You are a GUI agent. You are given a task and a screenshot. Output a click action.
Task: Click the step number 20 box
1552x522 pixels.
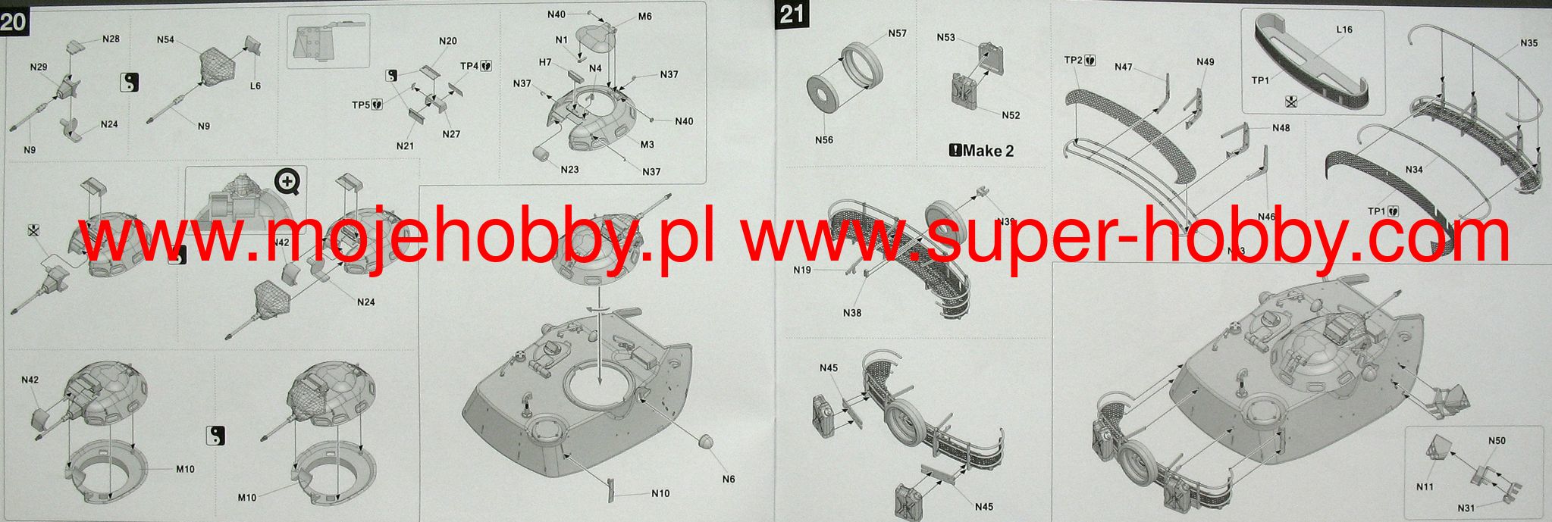tap(13, 20)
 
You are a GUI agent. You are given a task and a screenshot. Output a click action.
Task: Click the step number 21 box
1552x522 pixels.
tap(790, 14)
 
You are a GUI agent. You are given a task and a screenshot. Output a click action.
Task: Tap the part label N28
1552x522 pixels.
tap(111, 39)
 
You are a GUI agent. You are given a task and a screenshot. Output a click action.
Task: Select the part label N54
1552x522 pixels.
tap(166, 39)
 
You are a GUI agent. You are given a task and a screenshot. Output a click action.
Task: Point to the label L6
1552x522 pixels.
tap(255, 86)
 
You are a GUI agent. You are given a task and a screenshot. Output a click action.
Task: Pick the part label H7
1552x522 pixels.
tap(545, 62)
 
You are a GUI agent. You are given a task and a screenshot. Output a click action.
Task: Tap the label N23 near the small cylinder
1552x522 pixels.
tap(569, 169)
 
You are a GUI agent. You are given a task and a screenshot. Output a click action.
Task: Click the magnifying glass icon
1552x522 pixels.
tap(287, 181)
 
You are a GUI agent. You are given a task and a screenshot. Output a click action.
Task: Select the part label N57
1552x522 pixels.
tap(897, 33)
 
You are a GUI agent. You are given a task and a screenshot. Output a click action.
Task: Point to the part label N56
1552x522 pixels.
tap(824, 139)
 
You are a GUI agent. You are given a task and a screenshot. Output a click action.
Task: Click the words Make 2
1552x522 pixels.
tap(982, 150)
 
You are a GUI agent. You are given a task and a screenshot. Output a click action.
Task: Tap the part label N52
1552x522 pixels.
tap(1011, 115)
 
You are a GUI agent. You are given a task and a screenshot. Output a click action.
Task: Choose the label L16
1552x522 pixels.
tap(1343, 30)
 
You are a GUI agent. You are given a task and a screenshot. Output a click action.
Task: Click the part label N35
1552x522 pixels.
tap(1528, 43)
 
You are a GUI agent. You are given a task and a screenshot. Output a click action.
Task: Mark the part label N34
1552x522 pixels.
tap(1413, 170)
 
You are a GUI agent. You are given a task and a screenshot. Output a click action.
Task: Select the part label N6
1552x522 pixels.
tap(728, 479)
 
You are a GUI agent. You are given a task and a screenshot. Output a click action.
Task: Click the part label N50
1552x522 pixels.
tap(1497, 440)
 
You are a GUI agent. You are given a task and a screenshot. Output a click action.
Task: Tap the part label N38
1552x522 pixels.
tap(851, 313)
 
